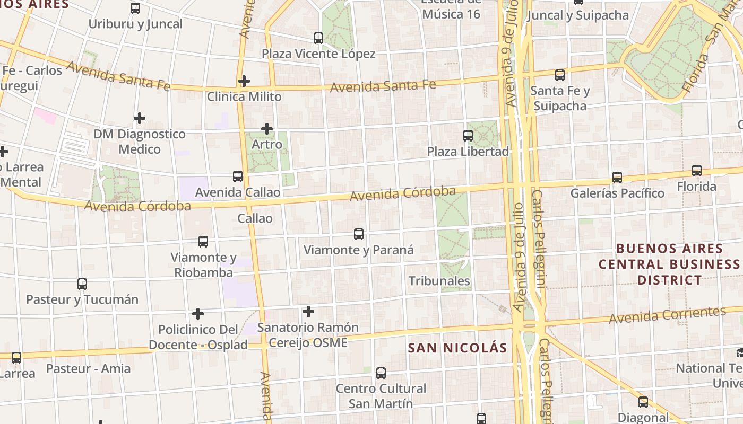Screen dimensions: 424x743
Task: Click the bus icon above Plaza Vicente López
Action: point(318,38)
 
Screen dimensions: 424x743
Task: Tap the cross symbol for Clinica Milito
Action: point(244,81)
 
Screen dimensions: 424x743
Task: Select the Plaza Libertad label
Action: point(468,152)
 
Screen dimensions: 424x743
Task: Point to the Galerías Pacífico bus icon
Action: point(617,178)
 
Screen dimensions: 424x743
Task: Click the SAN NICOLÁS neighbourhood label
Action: point(457,348)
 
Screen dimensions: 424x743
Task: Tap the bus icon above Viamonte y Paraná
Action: point(359,234)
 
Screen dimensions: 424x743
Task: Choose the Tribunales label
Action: point(439,281)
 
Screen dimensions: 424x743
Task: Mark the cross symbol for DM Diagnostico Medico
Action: point(140,118)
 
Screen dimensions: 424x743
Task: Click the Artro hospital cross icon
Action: point(267,129)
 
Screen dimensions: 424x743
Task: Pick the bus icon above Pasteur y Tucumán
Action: point(82,284)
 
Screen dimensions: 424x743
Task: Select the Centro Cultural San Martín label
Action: point(381,396)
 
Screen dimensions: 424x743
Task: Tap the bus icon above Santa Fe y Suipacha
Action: point(560,75)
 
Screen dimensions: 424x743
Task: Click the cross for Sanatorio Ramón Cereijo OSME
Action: point(308,312)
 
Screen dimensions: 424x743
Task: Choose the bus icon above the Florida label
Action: point(697,171)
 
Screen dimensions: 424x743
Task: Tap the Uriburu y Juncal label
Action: point(135,24)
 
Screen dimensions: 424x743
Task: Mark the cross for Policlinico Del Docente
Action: point(198,314)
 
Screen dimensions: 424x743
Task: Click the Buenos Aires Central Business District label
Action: point(669,264)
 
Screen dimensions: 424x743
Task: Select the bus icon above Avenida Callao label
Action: point(238,176)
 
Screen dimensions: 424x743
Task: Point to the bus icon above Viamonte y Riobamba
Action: point(203,242)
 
